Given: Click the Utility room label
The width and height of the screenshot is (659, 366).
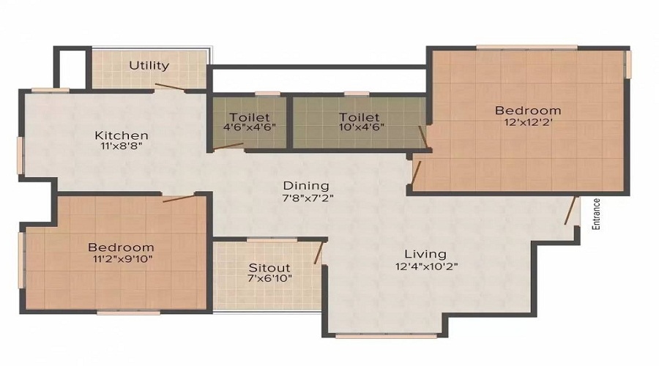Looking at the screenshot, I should [149, 65].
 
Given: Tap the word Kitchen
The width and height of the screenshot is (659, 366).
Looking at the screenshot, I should [122, 135].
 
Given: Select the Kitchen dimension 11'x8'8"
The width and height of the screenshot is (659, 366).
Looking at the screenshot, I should [122, 146].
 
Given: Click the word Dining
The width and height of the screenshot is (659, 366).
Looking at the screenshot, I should [306, 186].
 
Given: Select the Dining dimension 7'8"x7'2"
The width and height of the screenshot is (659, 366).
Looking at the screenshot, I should [306, 198].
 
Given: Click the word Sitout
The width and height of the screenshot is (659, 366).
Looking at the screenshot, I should [269, 267].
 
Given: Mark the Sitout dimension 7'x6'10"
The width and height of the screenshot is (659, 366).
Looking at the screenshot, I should [269, 280].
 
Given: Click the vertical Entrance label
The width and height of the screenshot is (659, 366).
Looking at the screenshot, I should [597, 214].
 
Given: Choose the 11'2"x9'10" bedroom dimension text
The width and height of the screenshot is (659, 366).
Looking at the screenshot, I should [121, 258].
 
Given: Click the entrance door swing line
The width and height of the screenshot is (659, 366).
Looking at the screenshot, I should [571, 210].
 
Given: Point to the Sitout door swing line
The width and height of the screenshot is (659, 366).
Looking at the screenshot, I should [318, 253].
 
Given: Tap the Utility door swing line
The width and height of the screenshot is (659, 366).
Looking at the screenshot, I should [171, 87].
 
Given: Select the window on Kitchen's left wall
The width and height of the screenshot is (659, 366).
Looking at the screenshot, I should [21, 155].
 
